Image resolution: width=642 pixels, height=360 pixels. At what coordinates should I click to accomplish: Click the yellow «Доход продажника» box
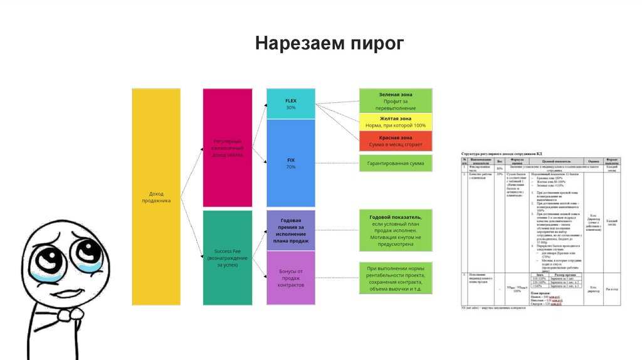pyautogui.click(x=155, y=197)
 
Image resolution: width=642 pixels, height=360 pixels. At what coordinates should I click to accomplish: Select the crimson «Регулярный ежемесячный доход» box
pyautogui.click(x=228, y=147)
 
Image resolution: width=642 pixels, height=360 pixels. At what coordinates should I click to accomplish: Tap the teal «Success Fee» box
pyautogui.click(x=228, y=258)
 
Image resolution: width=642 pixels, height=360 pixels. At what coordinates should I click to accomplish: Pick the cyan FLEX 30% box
pyautogui.click(x=290, y=103)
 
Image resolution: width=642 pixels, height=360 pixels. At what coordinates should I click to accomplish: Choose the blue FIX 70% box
pyautogui.click(x=290, y=163)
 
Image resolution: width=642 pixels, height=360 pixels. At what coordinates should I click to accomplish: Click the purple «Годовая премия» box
pyautogui.click(x=290, y=230)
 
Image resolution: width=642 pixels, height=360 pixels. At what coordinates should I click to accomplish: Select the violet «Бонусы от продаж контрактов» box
pyautogui.click(x=290, y=278)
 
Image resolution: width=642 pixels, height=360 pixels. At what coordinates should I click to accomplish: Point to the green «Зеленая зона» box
pyautogui.click(x=396, y=100)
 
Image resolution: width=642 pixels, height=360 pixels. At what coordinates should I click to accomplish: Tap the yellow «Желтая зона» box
pyautogui.click(x=396, y=122)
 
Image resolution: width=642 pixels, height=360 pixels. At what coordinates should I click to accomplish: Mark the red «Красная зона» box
pyautogui.click(x=396, y=140)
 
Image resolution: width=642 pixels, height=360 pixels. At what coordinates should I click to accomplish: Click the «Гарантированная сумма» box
pyautogui.click(x=396, y=164)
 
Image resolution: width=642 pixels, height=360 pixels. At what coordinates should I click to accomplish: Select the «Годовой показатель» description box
pyautogui.click(x=396, y=229)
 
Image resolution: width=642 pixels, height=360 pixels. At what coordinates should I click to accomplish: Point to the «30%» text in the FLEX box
pyautogui.click(x=290, y=108)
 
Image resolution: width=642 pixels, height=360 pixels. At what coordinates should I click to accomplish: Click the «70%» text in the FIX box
pyautogui.click(x=290, y=167)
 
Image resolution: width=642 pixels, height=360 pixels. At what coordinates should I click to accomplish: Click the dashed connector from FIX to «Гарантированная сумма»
pyautogui.click(x=337, y=164)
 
